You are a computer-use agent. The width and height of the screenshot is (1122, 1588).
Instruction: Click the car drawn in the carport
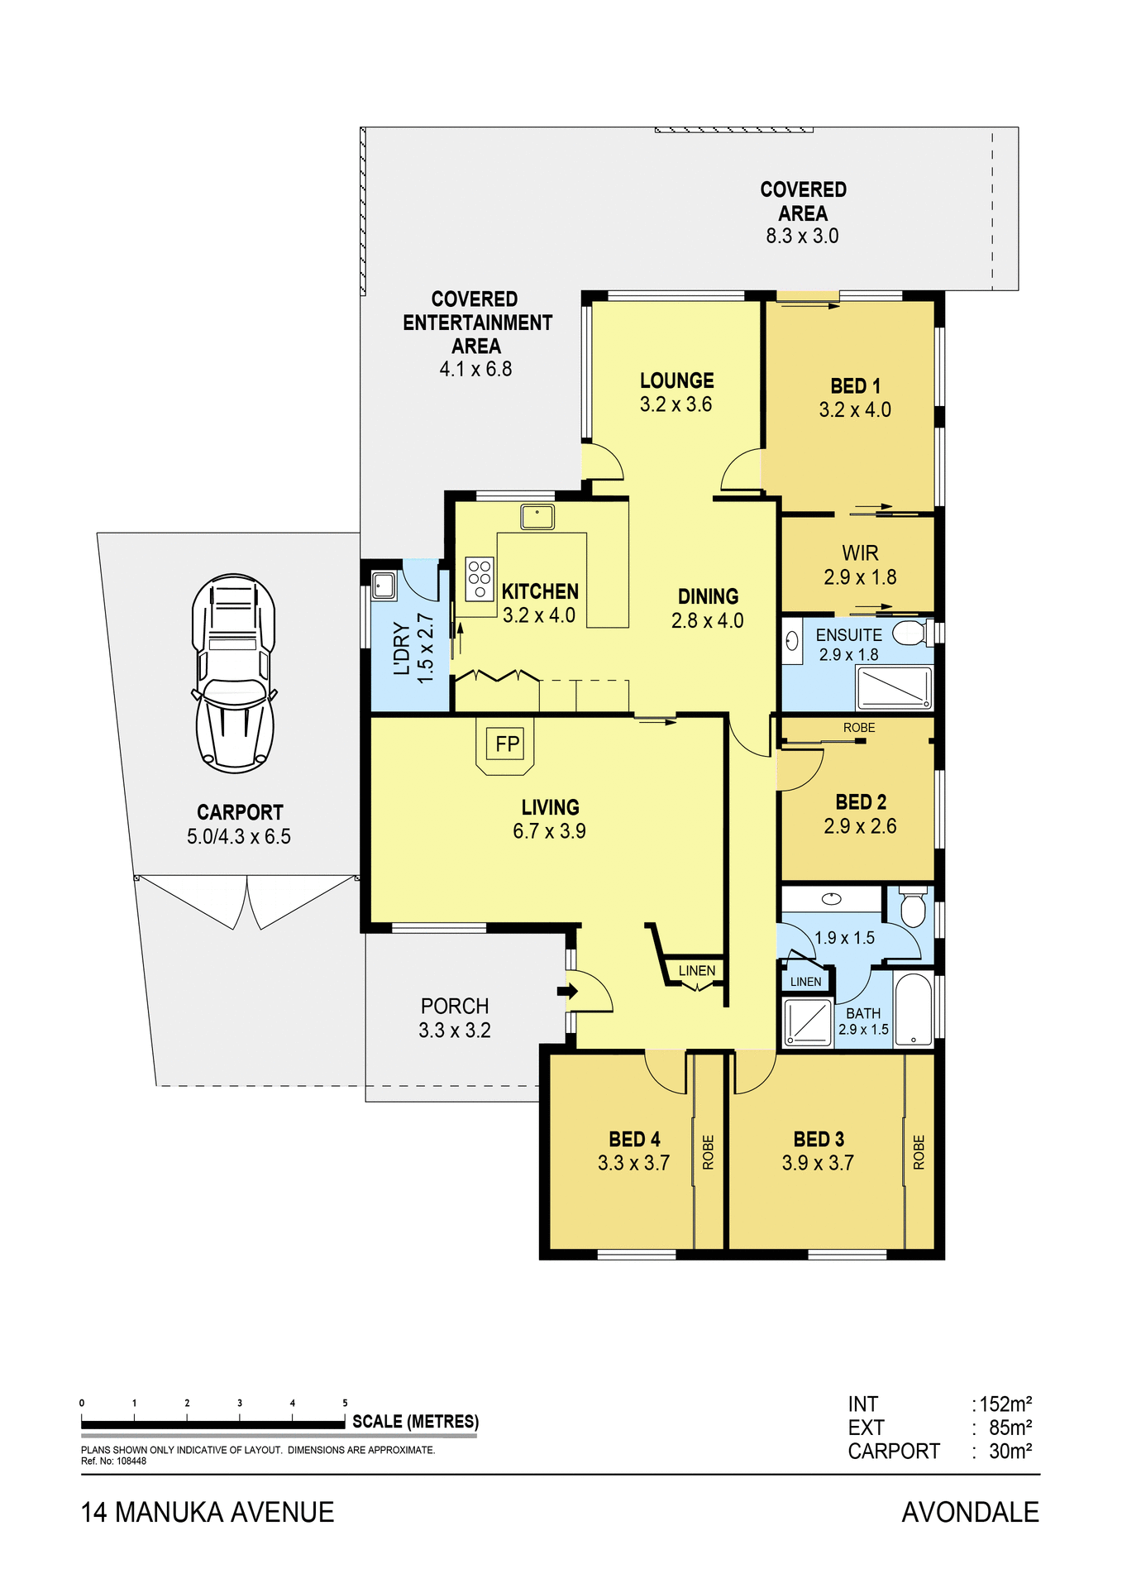click(235, 673)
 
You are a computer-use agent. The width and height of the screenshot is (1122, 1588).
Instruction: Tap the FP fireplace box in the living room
click(507, 744)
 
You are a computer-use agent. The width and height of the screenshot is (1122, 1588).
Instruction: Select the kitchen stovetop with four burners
click(480, 577)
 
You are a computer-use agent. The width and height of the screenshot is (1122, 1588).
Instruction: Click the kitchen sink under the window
click(537, 517)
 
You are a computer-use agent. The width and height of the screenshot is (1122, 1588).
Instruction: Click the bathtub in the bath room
click(913, 1010)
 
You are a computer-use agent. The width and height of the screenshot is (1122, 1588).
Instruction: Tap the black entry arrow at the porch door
click(567, 991)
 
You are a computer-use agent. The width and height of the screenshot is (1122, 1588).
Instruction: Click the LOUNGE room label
click(676, 380)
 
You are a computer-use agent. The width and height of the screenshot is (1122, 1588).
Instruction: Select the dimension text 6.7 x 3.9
click(549, 831)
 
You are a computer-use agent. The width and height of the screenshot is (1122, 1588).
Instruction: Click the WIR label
click(860, 552)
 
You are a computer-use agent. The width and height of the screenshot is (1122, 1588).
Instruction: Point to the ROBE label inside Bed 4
click(708, 1152)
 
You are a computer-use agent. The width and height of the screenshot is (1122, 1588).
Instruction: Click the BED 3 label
click(819, 1139)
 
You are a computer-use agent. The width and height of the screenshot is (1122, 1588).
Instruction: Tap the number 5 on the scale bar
click(345, 1403)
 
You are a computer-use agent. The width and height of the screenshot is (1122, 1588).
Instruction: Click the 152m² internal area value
click(1005, 1404)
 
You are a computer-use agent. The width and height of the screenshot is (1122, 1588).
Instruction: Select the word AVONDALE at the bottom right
click(969, 1512)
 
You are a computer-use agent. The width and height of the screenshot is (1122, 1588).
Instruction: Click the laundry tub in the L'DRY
click(384, 586)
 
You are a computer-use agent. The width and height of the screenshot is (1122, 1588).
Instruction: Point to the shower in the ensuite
click(895, 687)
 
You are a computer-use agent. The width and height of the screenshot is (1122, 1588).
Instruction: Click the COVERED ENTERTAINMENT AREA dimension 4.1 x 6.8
click(475, 369)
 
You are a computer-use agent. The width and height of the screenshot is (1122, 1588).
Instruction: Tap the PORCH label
click(455, 1006)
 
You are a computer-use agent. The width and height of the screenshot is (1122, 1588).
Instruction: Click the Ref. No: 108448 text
click(113, 1461)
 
